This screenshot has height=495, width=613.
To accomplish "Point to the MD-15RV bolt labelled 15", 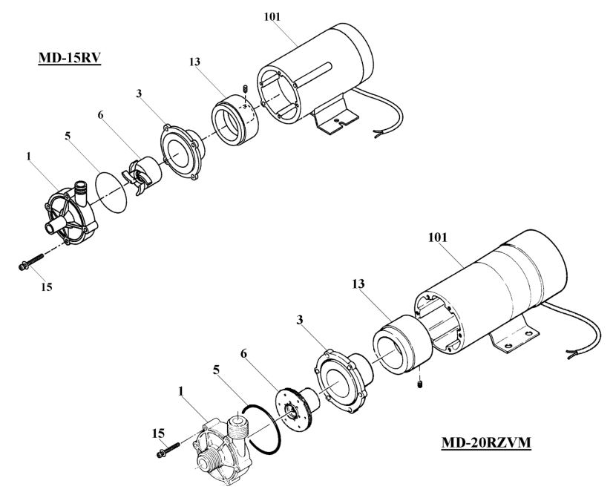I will [27, 263].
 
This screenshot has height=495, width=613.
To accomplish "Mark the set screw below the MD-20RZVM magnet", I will [421, 384].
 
